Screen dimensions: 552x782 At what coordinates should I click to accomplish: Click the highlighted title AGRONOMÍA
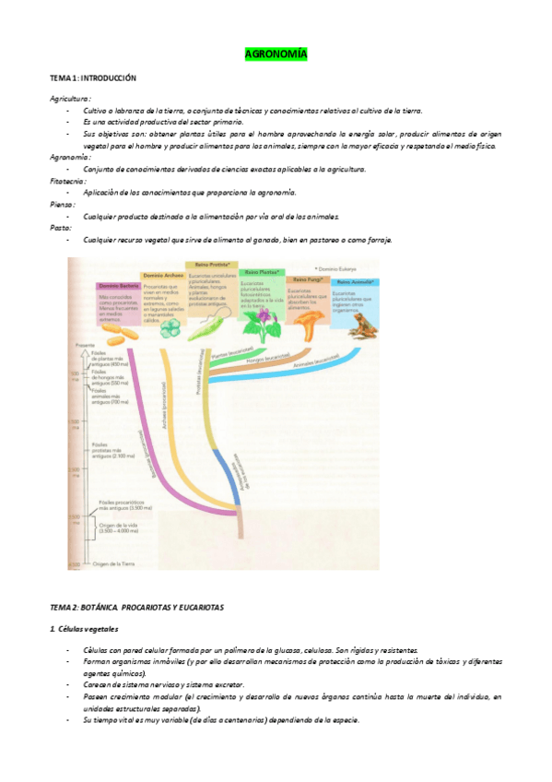coord(276,55)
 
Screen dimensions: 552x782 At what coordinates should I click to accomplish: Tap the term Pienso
coord(63,205)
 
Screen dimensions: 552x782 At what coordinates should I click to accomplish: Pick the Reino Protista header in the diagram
coord(212,265)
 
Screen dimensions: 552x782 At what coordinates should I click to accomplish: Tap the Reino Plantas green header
coord(263,272)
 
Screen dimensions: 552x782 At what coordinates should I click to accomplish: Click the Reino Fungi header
coord(308,278)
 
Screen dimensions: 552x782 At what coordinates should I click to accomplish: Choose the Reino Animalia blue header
coord(355,282)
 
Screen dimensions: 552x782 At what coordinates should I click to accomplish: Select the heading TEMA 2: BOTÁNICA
coord(138,607)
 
